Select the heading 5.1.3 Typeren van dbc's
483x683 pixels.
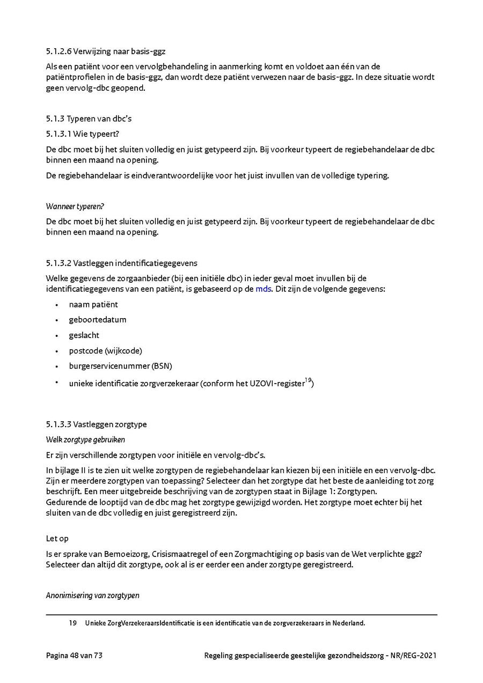(89, 119)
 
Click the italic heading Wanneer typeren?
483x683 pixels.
(75, 207)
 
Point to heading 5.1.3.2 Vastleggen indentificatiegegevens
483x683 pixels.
(121, 263)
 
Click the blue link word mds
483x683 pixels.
(263, 289)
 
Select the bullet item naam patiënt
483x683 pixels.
(93, 304)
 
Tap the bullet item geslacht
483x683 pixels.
(84, 335)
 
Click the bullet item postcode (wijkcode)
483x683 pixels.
(106, 351)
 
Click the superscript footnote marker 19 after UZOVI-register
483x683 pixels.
(308, 381)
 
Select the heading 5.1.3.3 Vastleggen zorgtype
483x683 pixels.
(97, 424)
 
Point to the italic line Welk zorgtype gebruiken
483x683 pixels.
(85, 439)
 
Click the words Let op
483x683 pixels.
(57, 538)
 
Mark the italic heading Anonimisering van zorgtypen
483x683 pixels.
(92, 595)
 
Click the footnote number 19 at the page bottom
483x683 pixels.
(73, 623)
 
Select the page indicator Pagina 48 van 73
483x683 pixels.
(74, 655)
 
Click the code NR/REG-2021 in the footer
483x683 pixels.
(414, 655)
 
